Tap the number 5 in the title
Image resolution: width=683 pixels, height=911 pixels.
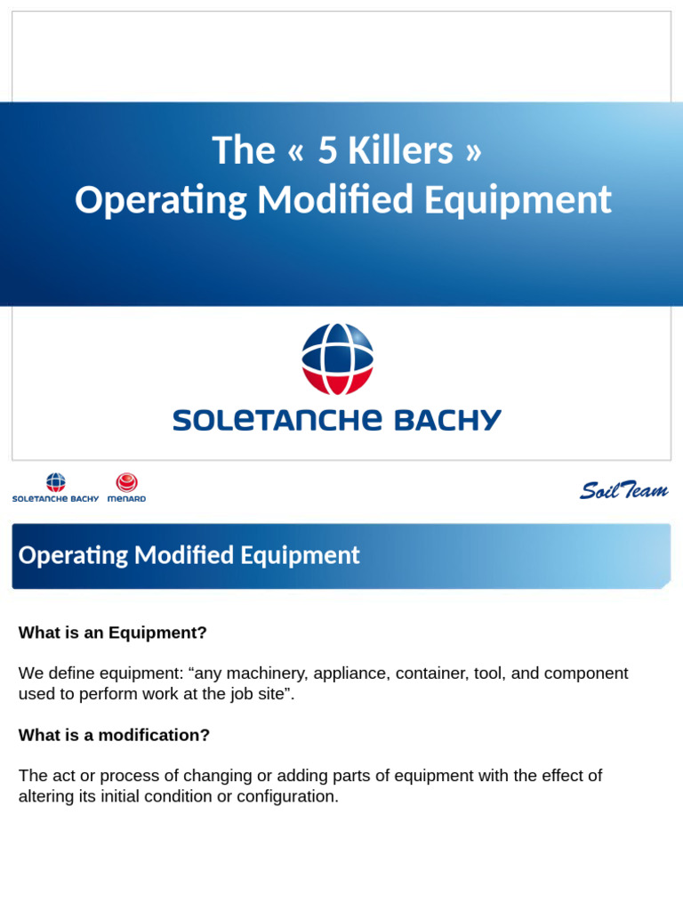[327, 151]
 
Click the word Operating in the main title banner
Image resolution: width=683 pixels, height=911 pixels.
[161, 200]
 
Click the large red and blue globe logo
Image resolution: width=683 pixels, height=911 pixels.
[337, 359]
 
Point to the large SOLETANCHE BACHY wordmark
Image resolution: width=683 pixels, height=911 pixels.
[337, 420]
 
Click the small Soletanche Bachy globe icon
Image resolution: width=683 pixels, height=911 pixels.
[56, 482]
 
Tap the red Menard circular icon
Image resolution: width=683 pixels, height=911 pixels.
[127, 482]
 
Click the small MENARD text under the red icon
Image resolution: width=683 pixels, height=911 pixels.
[127, 499]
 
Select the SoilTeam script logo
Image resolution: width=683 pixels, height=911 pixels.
[623, 490]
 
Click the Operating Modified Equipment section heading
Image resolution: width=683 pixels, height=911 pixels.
[189, 556]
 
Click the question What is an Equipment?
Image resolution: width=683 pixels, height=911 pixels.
[113, 633]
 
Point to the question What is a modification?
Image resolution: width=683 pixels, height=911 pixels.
[115, 735]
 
